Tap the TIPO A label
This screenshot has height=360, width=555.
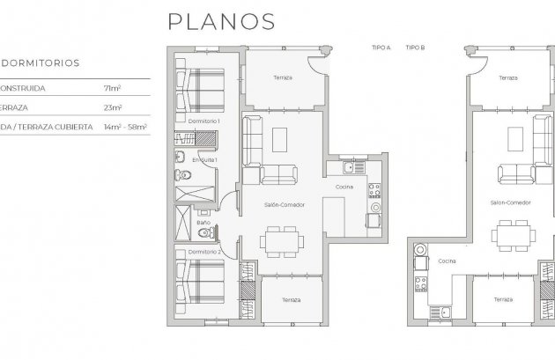pos(381,47)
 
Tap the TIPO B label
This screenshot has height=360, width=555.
pos(414,47)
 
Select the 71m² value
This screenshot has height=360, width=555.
pos(112,89)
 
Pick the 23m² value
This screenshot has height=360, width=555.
pos(112,107)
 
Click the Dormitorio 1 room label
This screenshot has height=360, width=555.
pos(204,120)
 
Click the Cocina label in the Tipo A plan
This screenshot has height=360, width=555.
pos(344,187)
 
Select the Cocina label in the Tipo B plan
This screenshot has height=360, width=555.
pos(448,261)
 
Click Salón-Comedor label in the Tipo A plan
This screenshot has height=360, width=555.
pos(283,203)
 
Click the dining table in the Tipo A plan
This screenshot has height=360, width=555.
pos(281,239)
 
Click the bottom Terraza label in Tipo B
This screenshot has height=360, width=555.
pos(503,300)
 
